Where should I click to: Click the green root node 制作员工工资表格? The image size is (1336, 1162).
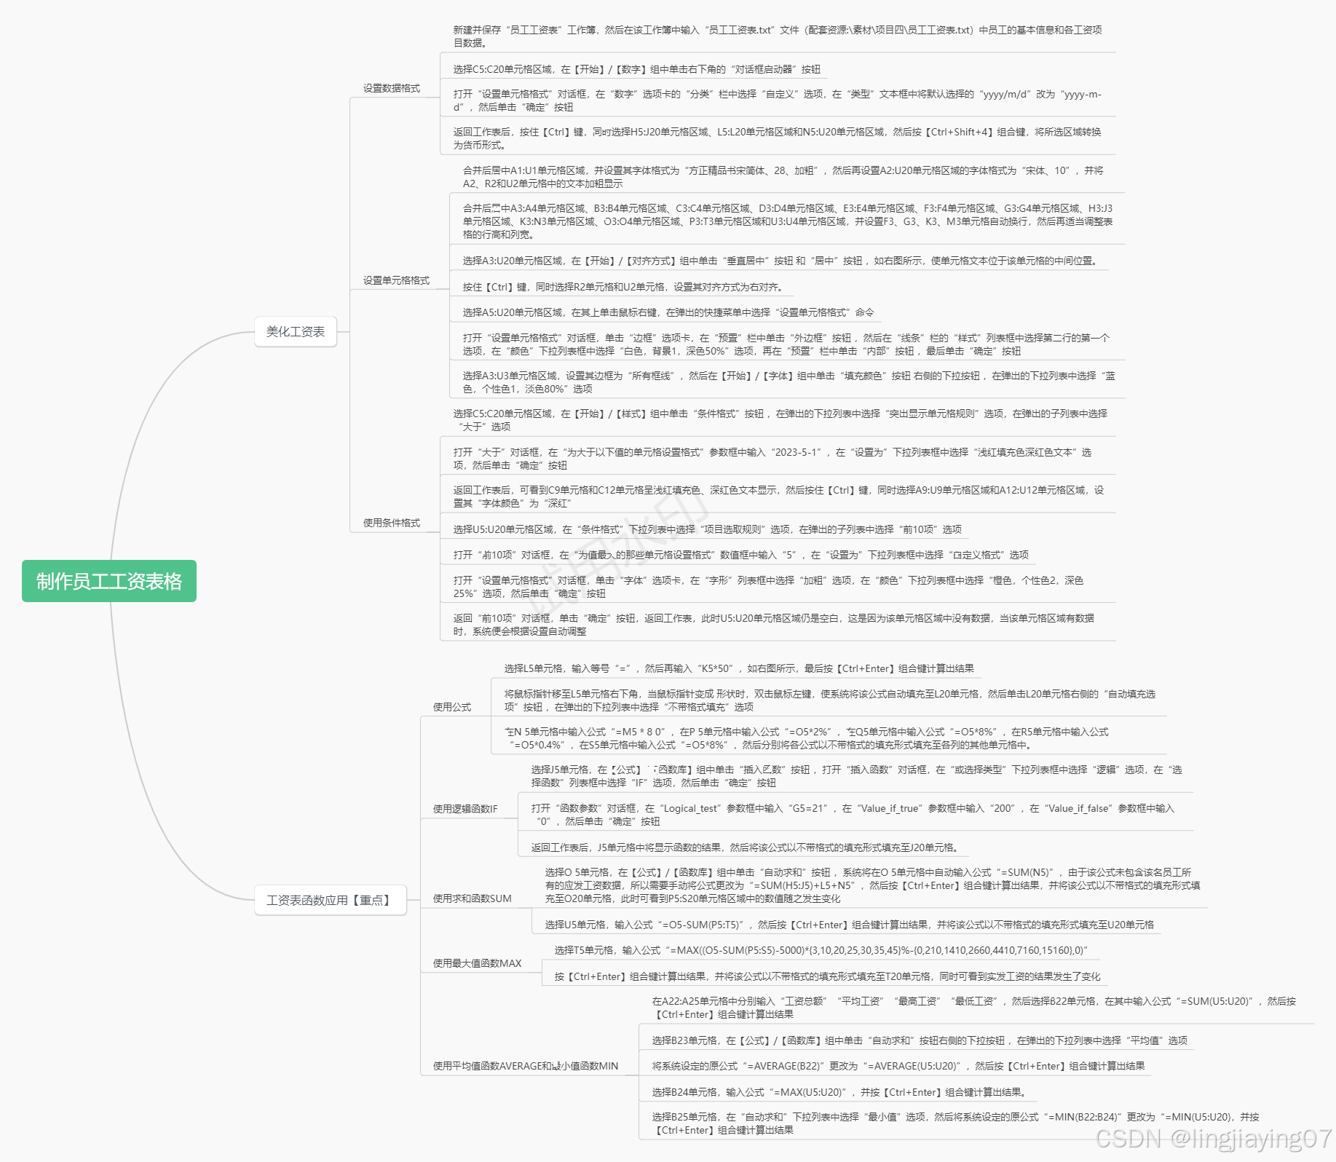[109, 581]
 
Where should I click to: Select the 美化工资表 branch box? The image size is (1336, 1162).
[296, 332]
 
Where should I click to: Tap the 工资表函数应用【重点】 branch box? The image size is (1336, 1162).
[330, 901]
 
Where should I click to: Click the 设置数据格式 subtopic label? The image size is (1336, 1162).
[392, 88]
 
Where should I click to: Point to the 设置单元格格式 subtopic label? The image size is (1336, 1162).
[396, 280]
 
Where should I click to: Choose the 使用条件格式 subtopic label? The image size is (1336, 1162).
[392, 523]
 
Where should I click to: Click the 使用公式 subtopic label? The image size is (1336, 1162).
[452, 707]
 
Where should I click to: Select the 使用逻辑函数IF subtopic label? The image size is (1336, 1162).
[465, 809]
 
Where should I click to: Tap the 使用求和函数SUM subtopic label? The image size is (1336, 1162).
[473, 898]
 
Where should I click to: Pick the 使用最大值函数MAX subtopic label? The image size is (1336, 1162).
[478, 963]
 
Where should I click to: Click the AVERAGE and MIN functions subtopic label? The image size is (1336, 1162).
[526, 1066]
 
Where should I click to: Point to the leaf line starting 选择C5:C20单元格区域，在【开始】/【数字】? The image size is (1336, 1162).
[636, 69]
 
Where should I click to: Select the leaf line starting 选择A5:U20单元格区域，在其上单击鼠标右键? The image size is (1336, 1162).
[668, 312]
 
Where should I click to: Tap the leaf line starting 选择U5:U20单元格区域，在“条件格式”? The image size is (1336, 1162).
[707, 529]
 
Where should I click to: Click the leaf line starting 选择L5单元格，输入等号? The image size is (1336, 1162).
[739, 668]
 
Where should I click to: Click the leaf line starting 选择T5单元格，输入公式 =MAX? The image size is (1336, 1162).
[821, 950]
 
